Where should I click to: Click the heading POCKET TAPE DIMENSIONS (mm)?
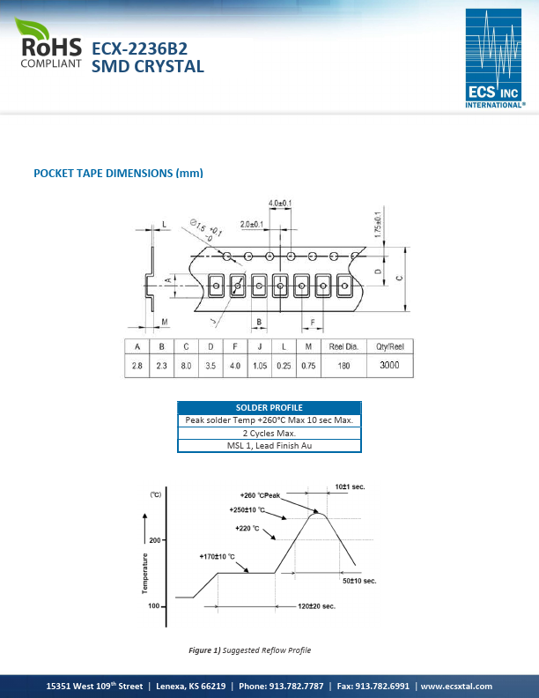pos(118,173)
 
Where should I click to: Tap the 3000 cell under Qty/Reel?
pos(388,365)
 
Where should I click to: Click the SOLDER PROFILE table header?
pos(269,407)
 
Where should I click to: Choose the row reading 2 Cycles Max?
pos(269,433)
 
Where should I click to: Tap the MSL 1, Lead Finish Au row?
pos(269,446)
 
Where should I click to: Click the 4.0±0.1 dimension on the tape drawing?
pos(280,204)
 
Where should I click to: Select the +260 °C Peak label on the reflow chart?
pos(260,495)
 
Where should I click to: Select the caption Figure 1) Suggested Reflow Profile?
pos(250,650)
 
